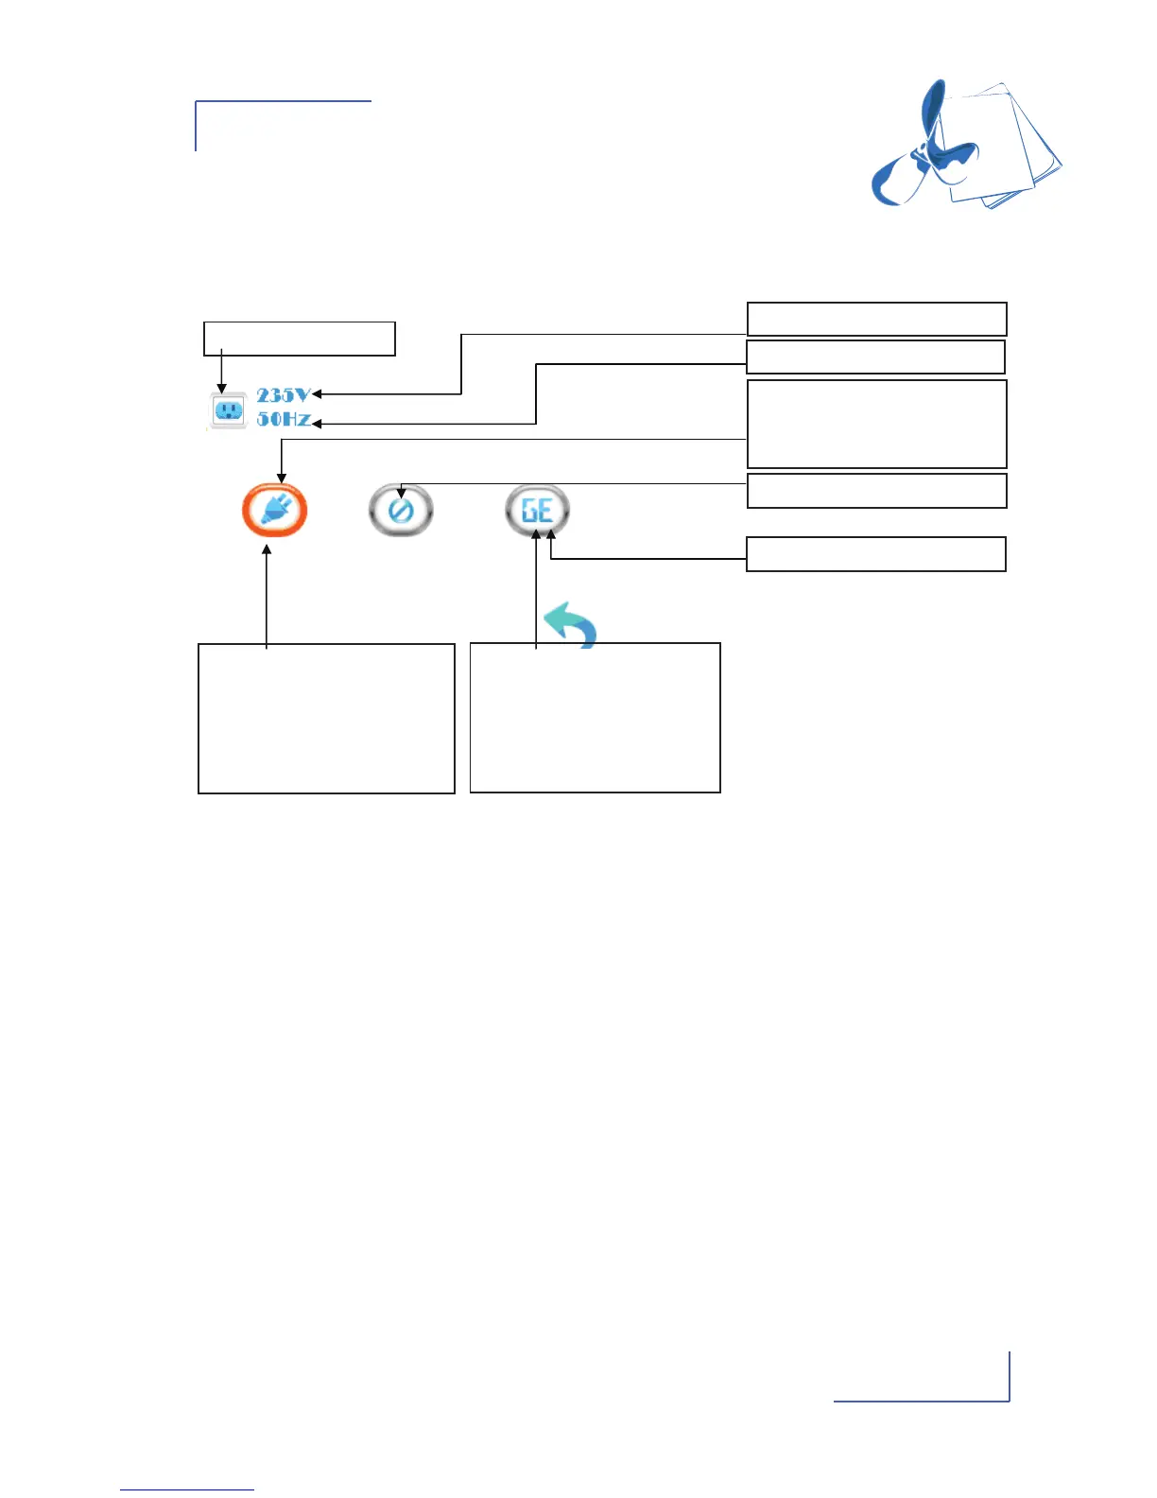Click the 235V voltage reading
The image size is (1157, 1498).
283,395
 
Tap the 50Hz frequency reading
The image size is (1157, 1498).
283,419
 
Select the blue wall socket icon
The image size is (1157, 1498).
228,410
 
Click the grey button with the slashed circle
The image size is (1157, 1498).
401,511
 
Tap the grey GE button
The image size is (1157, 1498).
537,511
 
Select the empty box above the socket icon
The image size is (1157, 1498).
299,339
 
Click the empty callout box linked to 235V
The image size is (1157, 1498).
876,319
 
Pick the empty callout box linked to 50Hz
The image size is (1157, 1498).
875,357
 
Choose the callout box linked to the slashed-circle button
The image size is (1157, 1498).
876,491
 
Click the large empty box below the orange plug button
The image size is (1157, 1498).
326,718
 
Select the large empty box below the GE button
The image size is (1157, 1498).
595,718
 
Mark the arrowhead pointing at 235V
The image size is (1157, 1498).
317,394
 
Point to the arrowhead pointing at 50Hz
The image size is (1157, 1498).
317,424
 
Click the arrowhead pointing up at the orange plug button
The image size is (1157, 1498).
267,549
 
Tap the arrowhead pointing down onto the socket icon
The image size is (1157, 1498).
221,388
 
